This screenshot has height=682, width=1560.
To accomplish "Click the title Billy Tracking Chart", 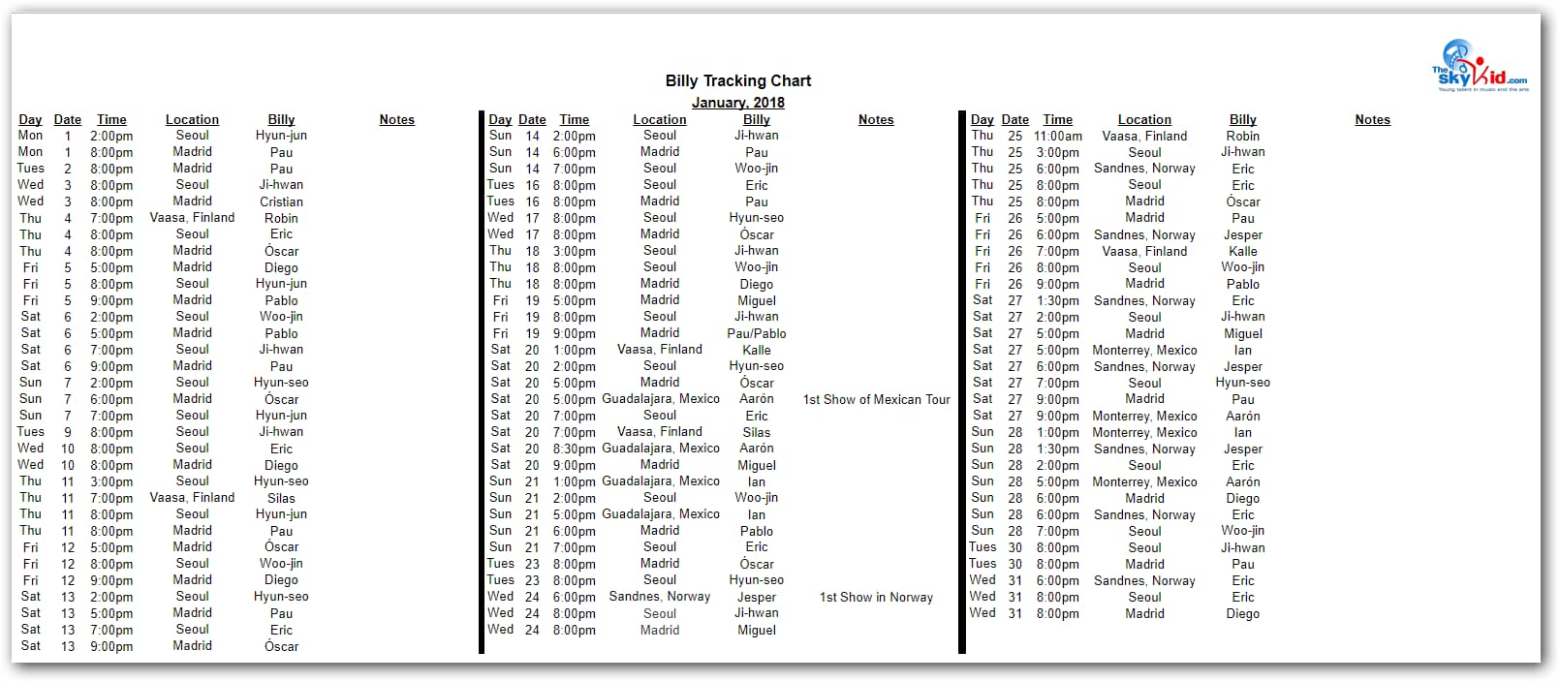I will coord(737,81).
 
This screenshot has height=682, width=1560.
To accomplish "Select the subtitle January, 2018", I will coord(737,103).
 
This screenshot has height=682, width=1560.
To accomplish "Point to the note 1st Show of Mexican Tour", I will coord(876,399).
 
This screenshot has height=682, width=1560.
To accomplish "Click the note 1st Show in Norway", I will coord(876,597).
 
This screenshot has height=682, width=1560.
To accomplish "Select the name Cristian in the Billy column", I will coord(281,201).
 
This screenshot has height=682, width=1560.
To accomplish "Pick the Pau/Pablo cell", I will coord(756,333).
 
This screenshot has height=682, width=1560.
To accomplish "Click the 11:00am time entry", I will coord(1057,137).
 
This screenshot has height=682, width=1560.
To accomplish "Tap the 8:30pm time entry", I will coord(574,449).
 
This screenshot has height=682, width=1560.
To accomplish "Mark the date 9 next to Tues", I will coord(68,432).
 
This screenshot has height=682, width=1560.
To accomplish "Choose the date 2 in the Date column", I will coord(68,169).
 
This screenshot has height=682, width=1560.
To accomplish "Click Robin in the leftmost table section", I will coord(281,218).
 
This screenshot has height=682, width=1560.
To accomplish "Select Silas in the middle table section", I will coord(756,432).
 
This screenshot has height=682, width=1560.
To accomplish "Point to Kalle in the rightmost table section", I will coord(1242,251).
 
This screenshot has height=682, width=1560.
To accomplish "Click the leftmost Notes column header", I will coord(396,120).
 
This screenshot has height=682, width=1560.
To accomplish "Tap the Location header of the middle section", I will coord(659,120).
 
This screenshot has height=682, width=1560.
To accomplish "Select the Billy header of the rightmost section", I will coord(1242,120).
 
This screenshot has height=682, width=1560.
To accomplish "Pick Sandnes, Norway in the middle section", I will coord(659,597).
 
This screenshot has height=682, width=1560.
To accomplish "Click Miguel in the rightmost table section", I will coord(1242,333).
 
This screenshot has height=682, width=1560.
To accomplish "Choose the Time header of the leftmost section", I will coord(111,120).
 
